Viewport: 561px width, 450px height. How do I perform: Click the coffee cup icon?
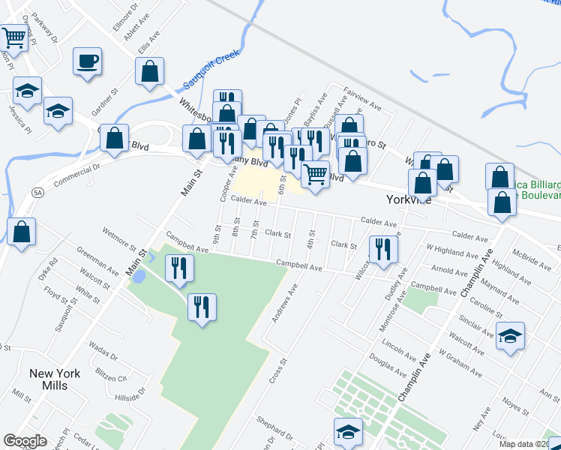88,61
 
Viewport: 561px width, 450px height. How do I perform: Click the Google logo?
25,441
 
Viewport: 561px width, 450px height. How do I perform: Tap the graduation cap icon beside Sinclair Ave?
510,335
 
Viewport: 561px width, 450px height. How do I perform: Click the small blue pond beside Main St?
139,277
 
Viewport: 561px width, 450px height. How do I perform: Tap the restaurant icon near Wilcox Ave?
383,250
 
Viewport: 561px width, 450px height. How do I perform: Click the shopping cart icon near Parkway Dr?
13,37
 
